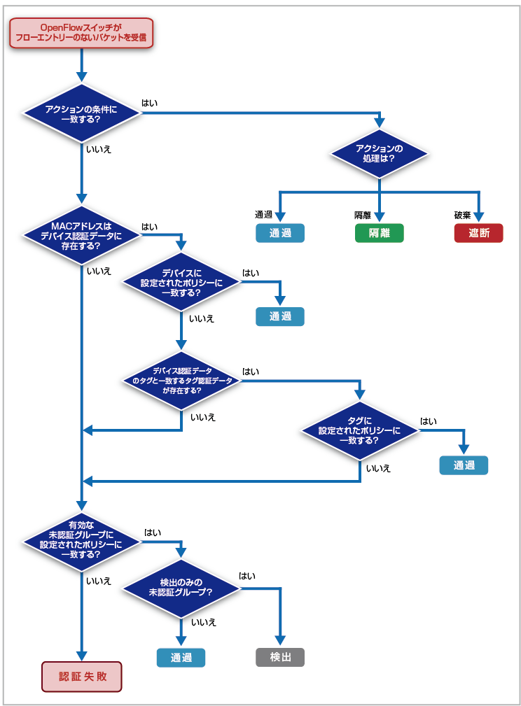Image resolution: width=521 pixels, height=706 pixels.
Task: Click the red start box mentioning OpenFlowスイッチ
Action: click(x=81, y=33)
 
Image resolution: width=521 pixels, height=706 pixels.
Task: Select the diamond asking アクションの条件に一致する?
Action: click(x=81, y=113)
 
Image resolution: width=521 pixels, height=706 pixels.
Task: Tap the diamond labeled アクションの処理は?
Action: click(x=379, y=153)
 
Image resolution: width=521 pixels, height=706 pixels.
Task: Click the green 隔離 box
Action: click(x=379, y=233)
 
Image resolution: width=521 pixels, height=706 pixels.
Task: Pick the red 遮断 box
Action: click(x=479, y=233)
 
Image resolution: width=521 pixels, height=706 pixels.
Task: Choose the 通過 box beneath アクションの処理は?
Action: click(x=280, y=233)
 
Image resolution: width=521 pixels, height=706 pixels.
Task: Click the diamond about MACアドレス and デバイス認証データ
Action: click(x=81, y=236)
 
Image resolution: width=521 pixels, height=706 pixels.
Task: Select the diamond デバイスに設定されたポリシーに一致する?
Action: click(x=181, y=282)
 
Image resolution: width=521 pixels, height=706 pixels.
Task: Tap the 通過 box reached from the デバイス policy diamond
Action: click(x=280, y=316)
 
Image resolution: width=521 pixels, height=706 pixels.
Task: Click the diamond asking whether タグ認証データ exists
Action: click(x=181, y=381)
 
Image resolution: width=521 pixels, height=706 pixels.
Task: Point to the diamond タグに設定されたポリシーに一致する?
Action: click(x=360, y=430)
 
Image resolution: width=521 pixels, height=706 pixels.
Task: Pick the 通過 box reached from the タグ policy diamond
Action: click(x=464, y=465)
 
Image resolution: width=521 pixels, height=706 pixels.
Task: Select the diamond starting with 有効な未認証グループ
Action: click(x=81, y=542)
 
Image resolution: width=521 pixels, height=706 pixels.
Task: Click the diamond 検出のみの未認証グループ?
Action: click(x=181, y=588)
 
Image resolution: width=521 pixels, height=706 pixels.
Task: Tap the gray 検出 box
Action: click(x=280, y=658)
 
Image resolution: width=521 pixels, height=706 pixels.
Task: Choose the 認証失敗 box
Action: click(x=81, y=677)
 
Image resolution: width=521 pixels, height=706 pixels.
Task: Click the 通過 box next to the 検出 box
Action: click(x=181, y=658)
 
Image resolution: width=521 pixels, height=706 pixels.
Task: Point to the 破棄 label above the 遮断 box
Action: click(x=462, y=216)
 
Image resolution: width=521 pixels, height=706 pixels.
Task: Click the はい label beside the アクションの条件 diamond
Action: click(x=150, y=103)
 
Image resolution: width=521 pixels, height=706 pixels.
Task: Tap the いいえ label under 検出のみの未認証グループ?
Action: click(x=204, y=622)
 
